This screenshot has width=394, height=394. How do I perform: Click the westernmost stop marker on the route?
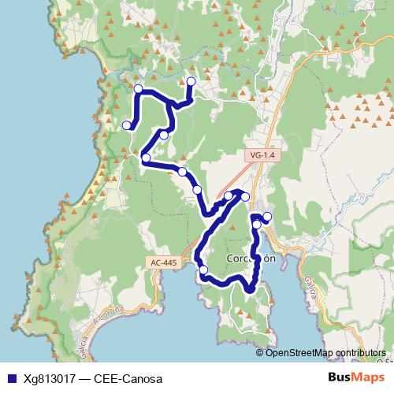[x=126, y=125]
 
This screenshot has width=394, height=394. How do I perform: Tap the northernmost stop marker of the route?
[x=191, y=81]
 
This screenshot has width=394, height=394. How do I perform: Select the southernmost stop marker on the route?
[x=203, y=270]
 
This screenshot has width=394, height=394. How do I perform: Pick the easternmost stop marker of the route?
[x=267, y=217]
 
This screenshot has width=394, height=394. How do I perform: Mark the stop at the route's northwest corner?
[x=139, y=89]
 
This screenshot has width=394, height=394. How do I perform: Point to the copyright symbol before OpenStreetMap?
[x=260, y=353]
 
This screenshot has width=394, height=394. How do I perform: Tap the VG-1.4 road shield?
[x=259, y=155]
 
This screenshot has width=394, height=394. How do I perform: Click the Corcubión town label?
[x=251, y=258]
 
